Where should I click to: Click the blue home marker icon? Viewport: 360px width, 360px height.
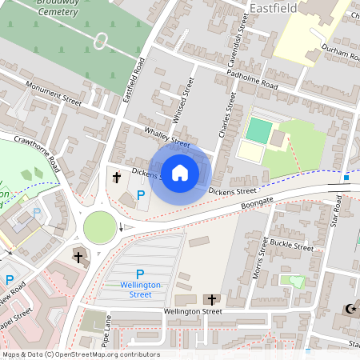[x=180, y=173]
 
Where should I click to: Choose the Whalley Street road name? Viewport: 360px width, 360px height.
[x=166, y=137]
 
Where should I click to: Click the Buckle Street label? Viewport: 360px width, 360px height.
[x=291, y=244]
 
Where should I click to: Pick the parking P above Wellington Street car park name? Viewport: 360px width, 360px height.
[x=140, y=274]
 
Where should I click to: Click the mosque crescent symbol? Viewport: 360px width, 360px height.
[x=349, y=310]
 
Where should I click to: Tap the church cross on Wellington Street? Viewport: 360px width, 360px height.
[x=213, y=299]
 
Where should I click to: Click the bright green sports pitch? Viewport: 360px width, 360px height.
[x=258, y=128]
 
